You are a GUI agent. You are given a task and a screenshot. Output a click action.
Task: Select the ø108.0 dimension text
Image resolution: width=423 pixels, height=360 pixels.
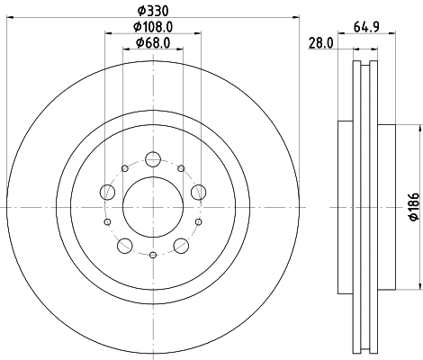point(147,27)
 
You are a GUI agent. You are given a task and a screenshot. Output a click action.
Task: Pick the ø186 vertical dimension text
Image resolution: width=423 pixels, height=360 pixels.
point(412,207)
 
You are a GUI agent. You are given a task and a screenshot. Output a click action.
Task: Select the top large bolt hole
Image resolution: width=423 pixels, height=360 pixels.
point(152,161)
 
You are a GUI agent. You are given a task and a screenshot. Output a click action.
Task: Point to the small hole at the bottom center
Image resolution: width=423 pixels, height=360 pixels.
point(152,256)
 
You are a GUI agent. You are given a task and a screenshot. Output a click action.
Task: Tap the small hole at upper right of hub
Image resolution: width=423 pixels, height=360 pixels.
point(181,167)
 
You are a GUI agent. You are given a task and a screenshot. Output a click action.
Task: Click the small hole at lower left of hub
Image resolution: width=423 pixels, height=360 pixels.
point(107,221)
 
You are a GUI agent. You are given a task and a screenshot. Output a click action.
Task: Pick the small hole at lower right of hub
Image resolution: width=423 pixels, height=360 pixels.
point(196,221)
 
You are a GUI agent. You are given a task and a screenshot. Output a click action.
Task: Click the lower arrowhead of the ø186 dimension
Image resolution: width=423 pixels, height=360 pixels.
point(420,287)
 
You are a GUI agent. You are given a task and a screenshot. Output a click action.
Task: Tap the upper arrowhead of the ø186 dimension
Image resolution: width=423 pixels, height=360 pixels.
point(420,126)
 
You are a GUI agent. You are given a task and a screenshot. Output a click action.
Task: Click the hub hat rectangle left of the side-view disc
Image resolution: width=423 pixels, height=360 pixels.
point(343,207)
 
